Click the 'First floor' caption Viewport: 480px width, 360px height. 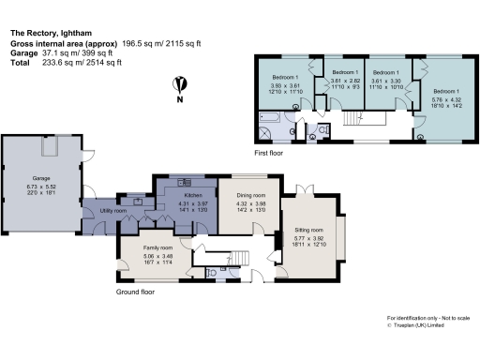(270, 152)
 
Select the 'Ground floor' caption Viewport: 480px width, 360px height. (136, 292)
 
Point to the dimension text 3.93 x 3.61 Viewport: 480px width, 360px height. (285, 84)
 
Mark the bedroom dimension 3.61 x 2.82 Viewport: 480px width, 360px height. (346, 81)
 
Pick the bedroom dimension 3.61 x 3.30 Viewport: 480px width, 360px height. (385, 81)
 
